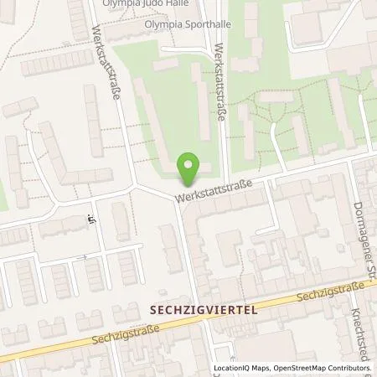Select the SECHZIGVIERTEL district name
[x=202, y=308]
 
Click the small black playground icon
[x=88, y=221]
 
